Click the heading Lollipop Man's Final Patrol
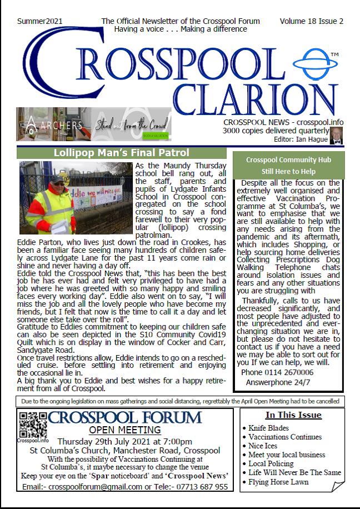121,153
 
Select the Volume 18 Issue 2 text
311,22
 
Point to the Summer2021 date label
39,22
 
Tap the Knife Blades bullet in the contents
269,428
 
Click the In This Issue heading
293,415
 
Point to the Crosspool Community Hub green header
289,165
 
